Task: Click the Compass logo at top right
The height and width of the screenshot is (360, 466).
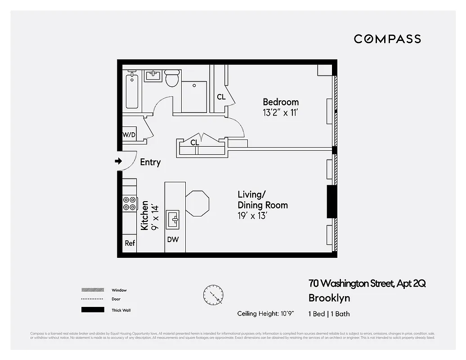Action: [387, 39]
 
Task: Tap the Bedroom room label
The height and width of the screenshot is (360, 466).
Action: [281, 102]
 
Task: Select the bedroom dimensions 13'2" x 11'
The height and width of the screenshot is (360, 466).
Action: [281, 113]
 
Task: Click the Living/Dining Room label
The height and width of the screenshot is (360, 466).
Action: [263, 200]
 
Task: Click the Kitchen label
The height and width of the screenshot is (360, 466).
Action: [144, 216]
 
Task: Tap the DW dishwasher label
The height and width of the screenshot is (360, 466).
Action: [173, 240]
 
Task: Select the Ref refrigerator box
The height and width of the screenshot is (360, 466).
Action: [130, 243]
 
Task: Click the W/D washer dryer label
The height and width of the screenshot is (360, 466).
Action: [129, 135]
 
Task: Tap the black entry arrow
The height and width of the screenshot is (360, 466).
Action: [118, 161]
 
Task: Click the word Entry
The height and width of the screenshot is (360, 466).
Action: [150, 162]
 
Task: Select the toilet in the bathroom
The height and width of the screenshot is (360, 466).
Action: [172, 78]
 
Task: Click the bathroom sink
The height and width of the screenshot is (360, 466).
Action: [153, 75]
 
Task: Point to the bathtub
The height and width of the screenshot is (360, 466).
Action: [132, 91]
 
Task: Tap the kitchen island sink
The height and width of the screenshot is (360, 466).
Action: [173, 220]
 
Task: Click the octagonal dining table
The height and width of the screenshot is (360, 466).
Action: [197, 203]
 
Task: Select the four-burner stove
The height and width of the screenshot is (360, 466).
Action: [130, 204]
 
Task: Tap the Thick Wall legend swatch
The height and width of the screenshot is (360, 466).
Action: [92, 310]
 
